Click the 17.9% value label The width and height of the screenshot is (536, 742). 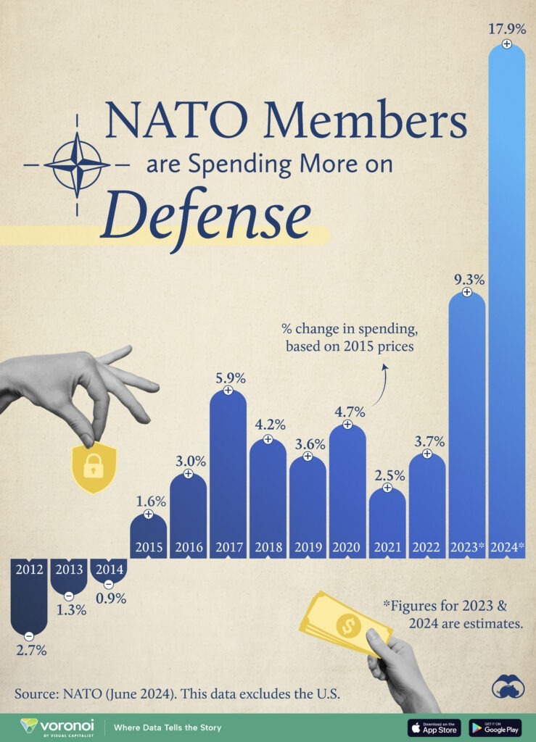click(x=506, y=30)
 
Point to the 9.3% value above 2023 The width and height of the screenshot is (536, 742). click(x=466, y=278)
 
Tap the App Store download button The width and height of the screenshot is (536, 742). click(x=434, y=727)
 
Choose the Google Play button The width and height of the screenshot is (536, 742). click(x=495, y=727)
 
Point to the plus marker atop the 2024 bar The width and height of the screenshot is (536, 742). click(x=506, y=44)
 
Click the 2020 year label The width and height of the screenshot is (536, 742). click(x=347, y=547)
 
